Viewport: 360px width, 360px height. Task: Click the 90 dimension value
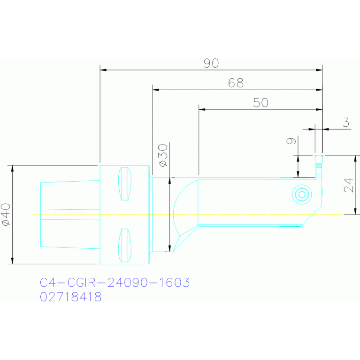pyautogui.click(x=211, y=63)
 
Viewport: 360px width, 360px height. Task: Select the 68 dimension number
pyautogui.click(x=236, y=83)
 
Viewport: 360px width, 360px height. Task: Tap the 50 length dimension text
pyautogui.click(x=260, y=103)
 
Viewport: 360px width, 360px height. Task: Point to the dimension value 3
pyautogui.click(x=346, y=123)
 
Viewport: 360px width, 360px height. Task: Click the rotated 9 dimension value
pyautogui.click(x=291, y=141)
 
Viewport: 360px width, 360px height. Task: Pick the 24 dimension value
pyautogui.click(x=348, y=185)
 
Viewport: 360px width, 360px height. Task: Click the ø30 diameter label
pyautogui.click(x=163, y=155)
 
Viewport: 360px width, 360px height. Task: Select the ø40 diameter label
pyautogui.click(x=6, y=214)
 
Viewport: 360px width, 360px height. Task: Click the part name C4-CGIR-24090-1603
pyautogui.click(x=115, y=283)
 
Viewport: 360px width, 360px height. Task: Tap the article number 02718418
pyautogui.click(x=71, y=297)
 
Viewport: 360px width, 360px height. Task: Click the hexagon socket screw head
pyautogui.click(x=302, y=194)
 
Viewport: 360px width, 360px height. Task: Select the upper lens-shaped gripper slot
pyautogui.click(x=125, y=184)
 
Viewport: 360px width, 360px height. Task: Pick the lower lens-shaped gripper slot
pyautogui.click(x=125, y=245)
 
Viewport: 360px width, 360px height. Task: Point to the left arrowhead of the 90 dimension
pyautogui.click(x=103, y=70)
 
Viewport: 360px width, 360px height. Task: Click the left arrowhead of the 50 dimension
pyautogui.click(x=202, y=109)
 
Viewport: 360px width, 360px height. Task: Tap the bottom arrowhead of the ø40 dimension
pyautogui.click(x=12, y=260)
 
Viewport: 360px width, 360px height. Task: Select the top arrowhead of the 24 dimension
pyautogui.click(x=355, y=159)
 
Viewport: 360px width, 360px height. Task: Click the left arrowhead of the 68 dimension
pyautogui.click(x=156, y=90)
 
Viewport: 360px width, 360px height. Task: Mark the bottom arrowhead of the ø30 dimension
pyautogui.click(x=169, y=248)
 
